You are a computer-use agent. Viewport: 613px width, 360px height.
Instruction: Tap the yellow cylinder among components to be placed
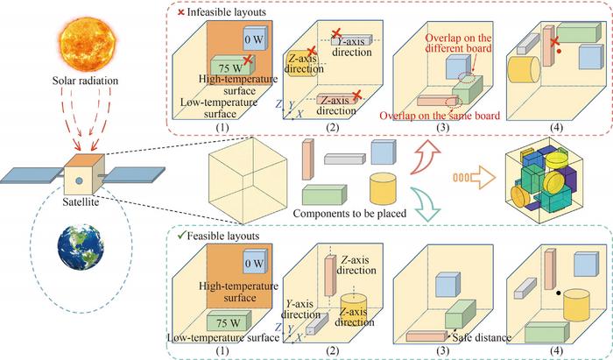coord(384,187)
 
